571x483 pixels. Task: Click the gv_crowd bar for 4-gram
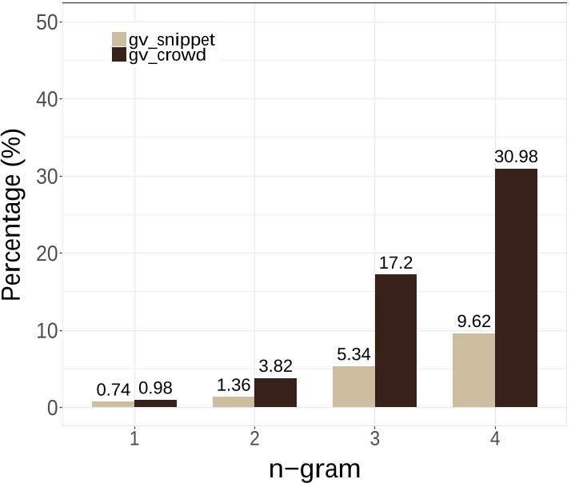coord(516,288)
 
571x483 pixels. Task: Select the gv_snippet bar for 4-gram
coord(473,370)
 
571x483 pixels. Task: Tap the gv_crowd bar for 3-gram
coord(396,341)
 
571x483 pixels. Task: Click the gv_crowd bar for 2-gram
coord(276,393)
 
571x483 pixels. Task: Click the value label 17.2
coord(396,263)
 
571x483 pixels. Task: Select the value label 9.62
coord(473,322)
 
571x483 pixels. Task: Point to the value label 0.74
coord(114,390)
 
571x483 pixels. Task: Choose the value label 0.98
coord(156,389)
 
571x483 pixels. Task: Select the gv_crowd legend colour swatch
coord(119,55)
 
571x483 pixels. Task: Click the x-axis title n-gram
coord(315,467)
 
